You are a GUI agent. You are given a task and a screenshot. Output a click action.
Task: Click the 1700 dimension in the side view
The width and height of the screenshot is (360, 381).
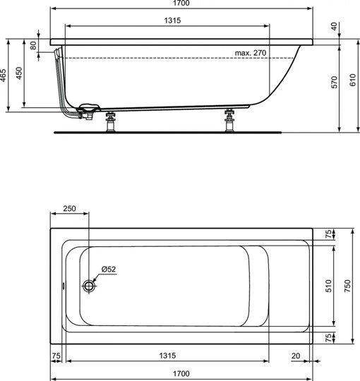pyautogui.click(x=182, y=4)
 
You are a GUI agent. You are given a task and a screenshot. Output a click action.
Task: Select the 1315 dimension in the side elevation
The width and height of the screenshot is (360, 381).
pyautogui.click(x=169, y=21)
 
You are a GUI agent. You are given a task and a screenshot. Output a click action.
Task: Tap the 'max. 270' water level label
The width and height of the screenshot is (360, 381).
pyautogui.click(x=250, y=53)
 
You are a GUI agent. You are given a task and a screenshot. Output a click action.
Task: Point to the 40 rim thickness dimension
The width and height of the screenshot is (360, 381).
pyautogui.click(x=334, y=26)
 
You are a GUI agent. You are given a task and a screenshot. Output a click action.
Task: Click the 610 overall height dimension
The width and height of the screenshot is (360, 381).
pyautogui.click(x=351, y=80)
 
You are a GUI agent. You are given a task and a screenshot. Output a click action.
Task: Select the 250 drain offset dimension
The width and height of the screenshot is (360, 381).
pyautogui.click(x=69, y=209)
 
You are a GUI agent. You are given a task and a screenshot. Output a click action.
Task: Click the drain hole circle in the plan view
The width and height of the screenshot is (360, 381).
pyautogui.click(x=89, y=286)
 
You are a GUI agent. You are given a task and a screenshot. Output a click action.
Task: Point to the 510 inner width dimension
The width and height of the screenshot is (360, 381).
pyautogui.click(x=329, y=286)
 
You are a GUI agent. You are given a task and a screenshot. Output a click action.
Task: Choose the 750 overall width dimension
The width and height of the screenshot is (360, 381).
pyautogui.click(x=347, y=286)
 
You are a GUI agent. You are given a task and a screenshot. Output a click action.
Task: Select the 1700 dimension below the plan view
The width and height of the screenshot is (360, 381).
pyautogui.click(x=181, y=374)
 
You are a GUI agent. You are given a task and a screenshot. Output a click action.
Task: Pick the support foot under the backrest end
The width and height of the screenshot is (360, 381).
pyautogui.click(x=229, y=121)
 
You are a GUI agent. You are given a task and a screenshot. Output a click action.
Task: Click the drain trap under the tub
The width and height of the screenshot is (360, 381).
pyautogui.click(x=88, y=111)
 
